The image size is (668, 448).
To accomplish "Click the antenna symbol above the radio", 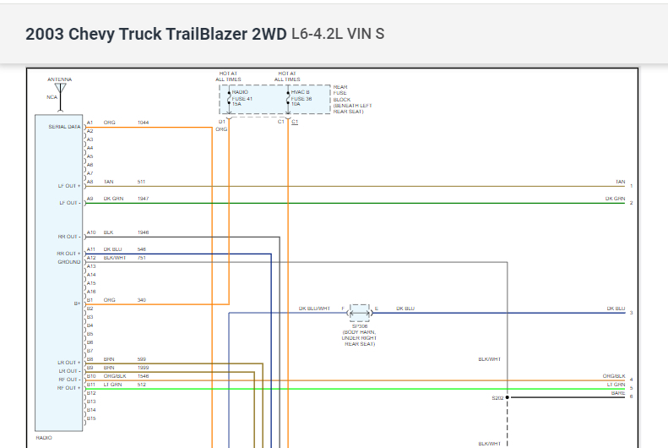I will [x=59, y=89].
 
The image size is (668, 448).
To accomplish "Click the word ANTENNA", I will [x=59, y=79].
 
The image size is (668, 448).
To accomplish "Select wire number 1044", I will [x=143, y=123].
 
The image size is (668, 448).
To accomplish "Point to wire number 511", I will [x=141, y=182].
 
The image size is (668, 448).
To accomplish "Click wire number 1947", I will [x=143, y=199].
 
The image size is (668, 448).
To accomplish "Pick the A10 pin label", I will [x=90, y=232].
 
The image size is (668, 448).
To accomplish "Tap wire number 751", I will [x=141, y=258].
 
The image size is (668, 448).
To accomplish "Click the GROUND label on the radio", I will [x=69, y=262].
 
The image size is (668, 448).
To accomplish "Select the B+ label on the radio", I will [x=77, y=300].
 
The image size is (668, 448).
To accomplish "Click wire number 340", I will [x=141, y=300].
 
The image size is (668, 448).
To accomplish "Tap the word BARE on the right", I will [x=617, y=392].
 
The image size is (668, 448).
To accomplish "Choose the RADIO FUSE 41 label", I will [x=242, y=98].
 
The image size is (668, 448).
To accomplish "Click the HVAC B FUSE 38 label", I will [x=302, y=98].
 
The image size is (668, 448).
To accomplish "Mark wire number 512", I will [x=141, y=385].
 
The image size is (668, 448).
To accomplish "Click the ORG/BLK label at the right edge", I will [x=614, y=375].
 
